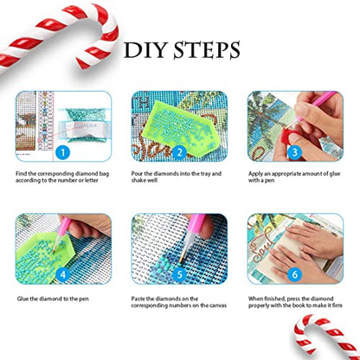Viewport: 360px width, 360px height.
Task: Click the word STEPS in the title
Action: click(x=207, y=50)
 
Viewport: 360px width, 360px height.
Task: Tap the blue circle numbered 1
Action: click(x=62, y=152)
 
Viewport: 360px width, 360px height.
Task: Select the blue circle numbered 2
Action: click(x=179, y=152)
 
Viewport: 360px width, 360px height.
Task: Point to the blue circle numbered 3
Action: click(x=295, y=152)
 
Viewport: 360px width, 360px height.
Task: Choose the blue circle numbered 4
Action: click(x=62, y=274)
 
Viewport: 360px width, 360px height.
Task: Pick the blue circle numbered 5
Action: click(x=179, y=274)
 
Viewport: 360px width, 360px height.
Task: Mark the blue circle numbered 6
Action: click(x=295, y=274)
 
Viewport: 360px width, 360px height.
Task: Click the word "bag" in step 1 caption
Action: click(x=104, y=174)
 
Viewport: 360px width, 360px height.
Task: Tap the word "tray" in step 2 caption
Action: click(x=205, y=174)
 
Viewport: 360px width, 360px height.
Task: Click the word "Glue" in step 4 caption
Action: click(x=22, y=299)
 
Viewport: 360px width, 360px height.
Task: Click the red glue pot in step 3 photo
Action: click(x=290, y=133)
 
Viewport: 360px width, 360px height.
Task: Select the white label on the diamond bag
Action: click(x=83, y=128)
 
